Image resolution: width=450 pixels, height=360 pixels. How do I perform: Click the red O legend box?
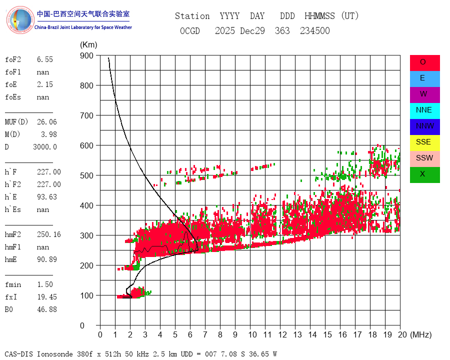[x=424, y=62]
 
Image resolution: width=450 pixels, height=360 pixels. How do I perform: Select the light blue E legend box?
[x=424, y=78]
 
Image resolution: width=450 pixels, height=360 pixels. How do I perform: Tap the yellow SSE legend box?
[x=424, y=142]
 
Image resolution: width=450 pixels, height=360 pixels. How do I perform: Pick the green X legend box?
[x=424, y=174]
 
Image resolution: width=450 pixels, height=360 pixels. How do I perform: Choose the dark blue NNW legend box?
[x=424, y=126]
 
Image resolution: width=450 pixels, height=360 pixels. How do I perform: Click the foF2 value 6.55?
[x=44, y=59]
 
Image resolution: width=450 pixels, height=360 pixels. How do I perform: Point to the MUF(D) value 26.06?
[x=46, y=122]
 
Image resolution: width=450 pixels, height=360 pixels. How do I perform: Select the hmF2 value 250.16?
[x=48, y=234]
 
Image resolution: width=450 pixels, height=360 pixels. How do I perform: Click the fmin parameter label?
[x=13, y=284]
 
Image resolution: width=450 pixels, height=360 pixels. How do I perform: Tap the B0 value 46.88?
[x=46, y=309]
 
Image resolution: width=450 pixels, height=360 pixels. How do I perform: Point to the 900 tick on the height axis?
[x=86, y=55]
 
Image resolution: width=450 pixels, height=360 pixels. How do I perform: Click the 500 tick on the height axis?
[x=86, y=175]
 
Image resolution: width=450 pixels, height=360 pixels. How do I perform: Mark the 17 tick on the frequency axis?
[x=357, y=334]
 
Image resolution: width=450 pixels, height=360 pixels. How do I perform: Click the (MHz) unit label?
[x=420, y=334]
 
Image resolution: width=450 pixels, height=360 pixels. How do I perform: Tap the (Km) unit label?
[x=88, y=44]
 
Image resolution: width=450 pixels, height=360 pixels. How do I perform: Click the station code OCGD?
[x=189, y=31]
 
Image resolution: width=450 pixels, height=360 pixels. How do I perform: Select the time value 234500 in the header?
[x=314, y=31]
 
